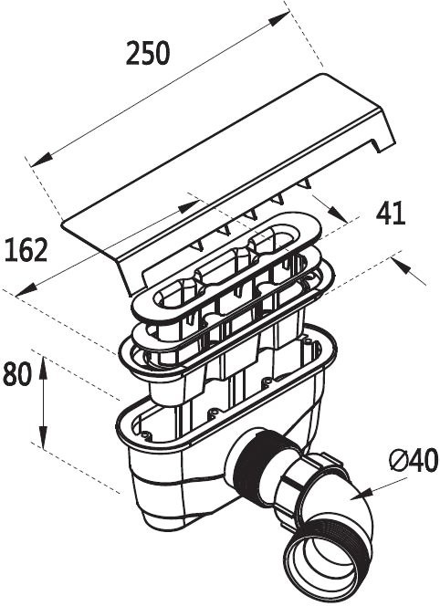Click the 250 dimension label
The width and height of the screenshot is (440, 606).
click(148, 53)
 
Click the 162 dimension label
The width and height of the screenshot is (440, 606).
click(26, 250)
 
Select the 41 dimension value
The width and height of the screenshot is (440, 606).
click(391, 213)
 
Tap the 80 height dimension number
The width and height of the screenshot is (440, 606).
click(16, 374)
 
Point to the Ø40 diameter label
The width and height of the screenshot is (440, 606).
click(414, 460)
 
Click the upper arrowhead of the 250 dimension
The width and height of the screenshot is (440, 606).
click(279, 18)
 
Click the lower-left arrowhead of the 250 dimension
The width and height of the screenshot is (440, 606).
click(41, 159)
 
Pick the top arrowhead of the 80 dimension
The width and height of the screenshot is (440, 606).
click(43, 367)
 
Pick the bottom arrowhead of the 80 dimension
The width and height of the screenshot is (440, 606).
click(43, 437)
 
